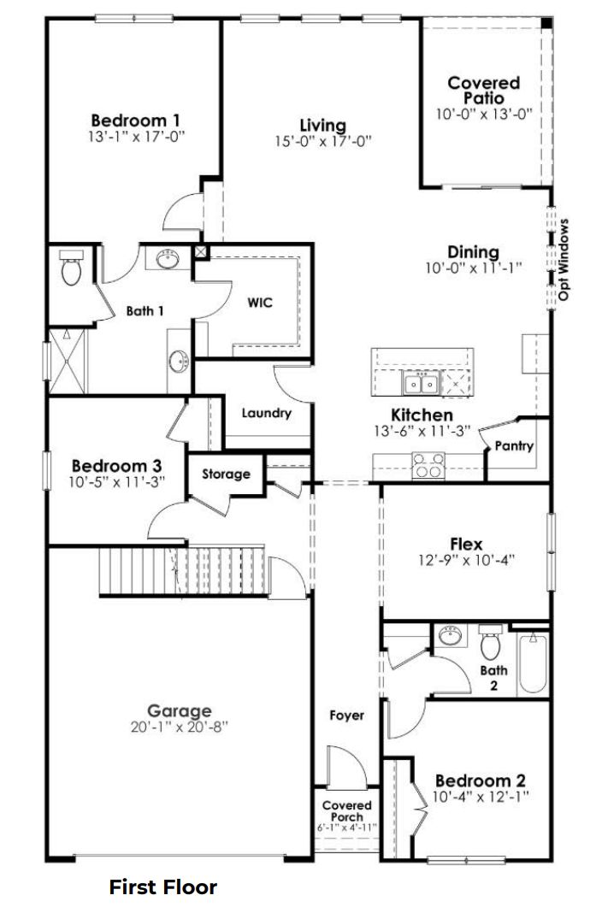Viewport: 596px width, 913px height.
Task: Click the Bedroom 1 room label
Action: click(135, 120)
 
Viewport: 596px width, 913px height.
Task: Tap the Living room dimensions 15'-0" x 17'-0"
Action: click(322, 142)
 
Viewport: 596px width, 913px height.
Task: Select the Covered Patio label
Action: click(483, 90)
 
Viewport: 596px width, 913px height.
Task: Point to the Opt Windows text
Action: click(564, 260)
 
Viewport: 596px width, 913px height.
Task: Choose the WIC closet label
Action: click(260, 303)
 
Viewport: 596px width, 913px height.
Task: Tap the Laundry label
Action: click(266, 414)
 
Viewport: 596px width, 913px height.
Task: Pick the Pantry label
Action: click(514, 445)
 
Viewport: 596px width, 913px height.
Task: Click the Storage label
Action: click(227, 474)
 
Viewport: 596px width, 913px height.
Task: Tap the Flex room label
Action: click(466, 544)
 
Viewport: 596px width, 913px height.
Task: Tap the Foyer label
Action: click(347, 715)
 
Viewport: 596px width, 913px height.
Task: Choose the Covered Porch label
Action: click(346, 811)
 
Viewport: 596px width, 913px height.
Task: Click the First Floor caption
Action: click(162, 887)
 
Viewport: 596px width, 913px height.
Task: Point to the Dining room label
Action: click(473, 252)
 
